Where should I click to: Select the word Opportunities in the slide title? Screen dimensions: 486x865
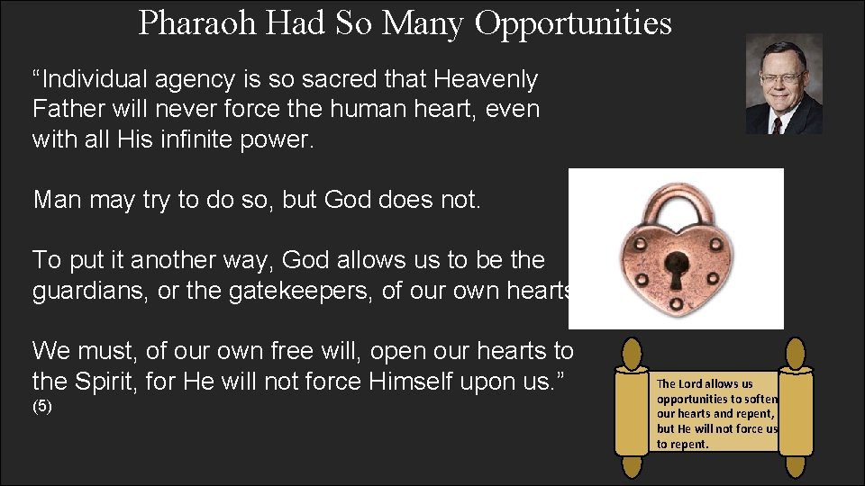[573, 23]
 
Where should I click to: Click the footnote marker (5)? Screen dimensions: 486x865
[42, 407]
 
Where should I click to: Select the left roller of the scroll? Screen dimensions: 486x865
[633, 410]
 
